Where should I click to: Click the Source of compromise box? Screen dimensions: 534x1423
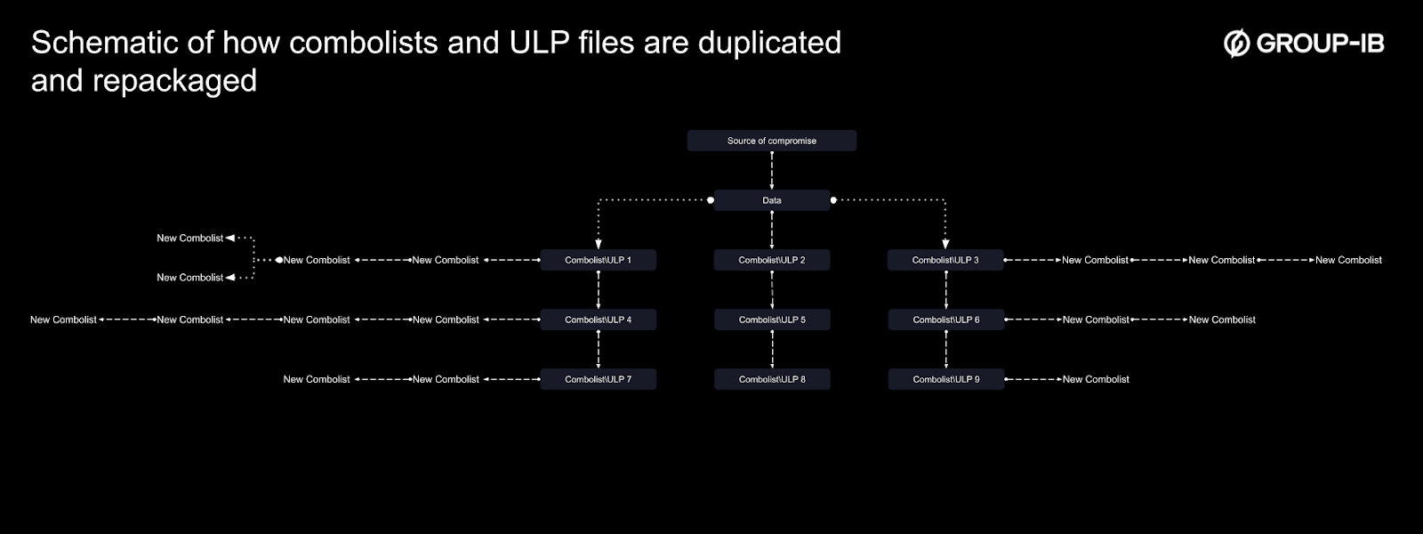coord(771,141)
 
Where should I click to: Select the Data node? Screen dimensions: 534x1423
coord(771,200)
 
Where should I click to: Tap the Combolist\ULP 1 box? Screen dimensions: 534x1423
coord(598,260)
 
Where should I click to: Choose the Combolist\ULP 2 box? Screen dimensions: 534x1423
coord(771,260)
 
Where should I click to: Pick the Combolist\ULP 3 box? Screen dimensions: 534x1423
coord(945,260)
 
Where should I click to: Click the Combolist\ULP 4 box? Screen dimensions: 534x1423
coord(598,320)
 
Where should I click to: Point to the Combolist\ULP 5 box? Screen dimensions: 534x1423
coord(771,320)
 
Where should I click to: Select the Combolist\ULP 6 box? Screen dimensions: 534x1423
coord(945,320)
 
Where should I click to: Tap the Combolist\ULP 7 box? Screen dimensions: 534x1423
coord(598,379)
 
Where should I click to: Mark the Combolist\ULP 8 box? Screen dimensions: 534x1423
coord(771,379)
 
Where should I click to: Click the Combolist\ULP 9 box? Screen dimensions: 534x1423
coord(945,379)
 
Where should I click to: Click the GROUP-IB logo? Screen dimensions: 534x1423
coord(1304,43)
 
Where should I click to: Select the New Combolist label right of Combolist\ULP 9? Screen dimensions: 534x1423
coord(1096,379)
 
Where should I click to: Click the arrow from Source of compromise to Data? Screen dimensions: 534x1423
coord(771,170)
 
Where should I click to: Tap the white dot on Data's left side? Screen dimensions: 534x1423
coord(711,200)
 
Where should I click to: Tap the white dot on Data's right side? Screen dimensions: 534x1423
coord(833,200)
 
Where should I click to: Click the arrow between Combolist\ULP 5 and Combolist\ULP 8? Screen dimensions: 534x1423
coord(771,349)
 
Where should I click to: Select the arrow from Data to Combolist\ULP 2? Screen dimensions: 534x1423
coord(771,230)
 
